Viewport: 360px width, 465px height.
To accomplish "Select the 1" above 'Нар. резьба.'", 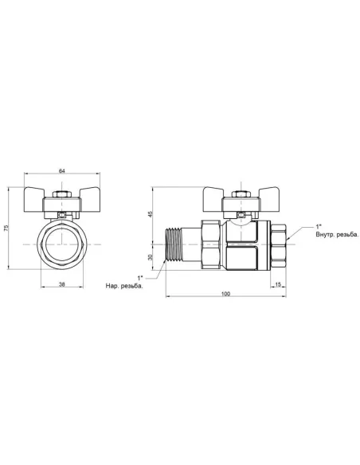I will pyautogui.click(x=140, y=276).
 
